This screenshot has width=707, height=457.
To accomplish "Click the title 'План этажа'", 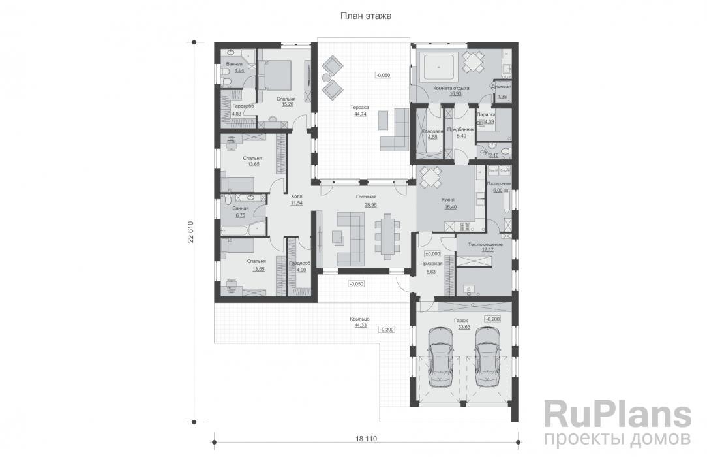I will [365, 16].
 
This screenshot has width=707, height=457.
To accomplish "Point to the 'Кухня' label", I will [447, 200].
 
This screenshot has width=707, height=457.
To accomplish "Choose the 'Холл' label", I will [296, 196].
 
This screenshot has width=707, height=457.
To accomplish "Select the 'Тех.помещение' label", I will [485, 244].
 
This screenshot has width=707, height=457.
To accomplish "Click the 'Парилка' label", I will [486, 114].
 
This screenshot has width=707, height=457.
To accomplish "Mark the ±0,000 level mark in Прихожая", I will [433, 253].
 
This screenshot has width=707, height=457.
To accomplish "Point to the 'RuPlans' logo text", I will [616, 414].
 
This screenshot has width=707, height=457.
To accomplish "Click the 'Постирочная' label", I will [498, 184].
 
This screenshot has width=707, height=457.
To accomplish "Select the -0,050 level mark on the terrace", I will [383, 76].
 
